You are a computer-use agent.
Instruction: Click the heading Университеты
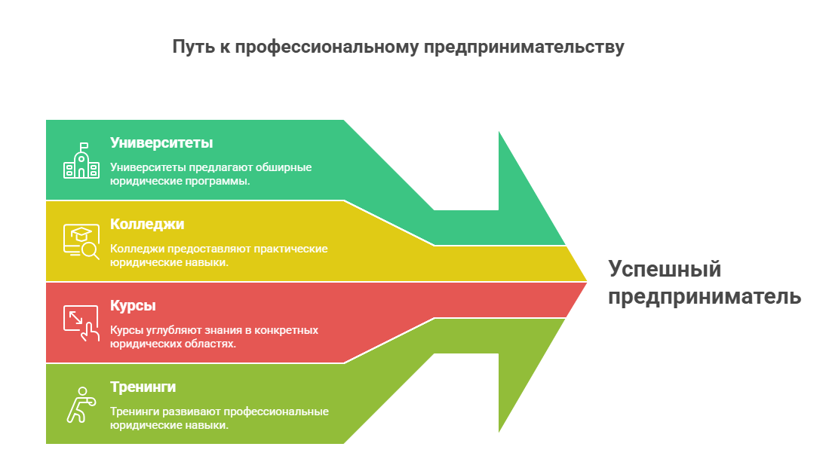(161, 142)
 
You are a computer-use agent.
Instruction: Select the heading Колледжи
(147, 224)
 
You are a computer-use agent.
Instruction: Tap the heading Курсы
(133, 305)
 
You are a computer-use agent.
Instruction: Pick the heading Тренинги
(143, 387)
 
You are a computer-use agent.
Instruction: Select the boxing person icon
(80, 404)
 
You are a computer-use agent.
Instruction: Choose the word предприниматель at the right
(705, 296)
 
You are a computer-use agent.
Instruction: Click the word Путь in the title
(192, 47)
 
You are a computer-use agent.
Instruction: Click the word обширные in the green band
(284, 167)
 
